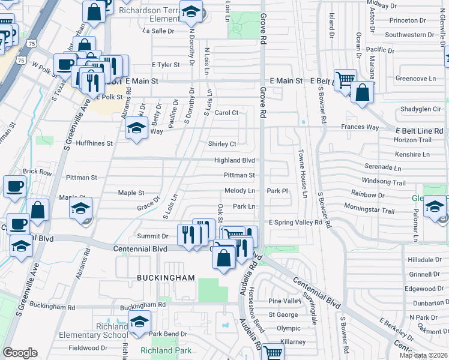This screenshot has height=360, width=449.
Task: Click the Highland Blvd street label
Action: click(x=235, y=161)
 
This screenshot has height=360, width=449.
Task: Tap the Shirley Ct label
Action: click(x=222, y=144)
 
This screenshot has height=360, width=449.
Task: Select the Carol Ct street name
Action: click(x=226, y=113)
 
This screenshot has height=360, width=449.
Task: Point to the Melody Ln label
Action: click(x=240, y=191)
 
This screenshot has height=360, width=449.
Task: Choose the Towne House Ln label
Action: click(x=303, y=174)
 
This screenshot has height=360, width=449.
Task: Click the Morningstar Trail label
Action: click(x=373, y=211)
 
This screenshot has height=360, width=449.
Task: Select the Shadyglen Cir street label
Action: click(x=421, y=109)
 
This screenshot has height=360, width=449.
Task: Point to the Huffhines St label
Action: click(x=93, y=144)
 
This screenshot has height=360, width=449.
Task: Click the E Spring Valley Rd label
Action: click(x=295, y=223)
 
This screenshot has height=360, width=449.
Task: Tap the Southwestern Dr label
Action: click(x=414, y=35)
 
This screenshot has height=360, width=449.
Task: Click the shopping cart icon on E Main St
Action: click(x=345, y=80)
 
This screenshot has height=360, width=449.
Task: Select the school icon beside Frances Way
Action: click(x=137, y=128)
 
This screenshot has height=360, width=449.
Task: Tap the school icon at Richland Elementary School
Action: click(x=139, y=322)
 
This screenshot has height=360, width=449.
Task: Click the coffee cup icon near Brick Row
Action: click(x=14, y=185)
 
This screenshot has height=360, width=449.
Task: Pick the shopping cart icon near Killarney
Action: click(x=273, y=353)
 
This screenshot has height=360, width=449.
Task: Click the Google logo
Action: click(x=20, y=353)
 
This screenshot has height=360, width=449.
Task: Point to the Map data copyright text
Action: click(x=423, y=355)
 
